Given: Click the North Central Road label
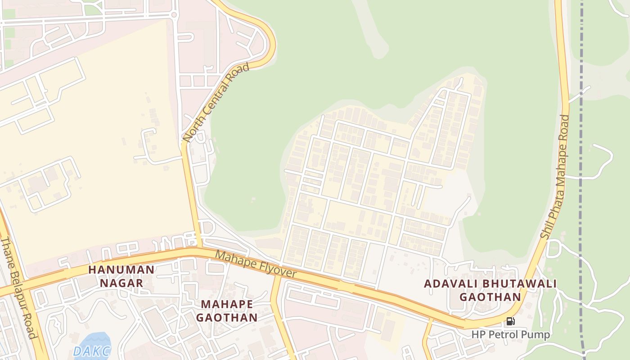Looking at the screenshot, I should (216, 103).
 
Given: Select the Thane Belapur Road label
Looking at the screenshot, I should (18, 288).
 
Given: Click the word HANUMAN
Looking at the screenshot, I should (121, 270).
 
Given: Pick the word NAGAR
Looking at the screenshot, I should (121, 283).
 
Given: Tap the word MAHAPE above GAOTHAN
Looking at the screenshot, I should (227, 304).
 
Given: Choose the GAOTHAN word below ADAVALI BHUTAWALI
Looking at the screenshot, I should (490, 297).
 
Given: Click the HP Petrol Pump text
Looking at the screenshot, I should (511, 335).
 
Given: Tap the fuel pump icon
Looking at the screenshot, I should (510, 321).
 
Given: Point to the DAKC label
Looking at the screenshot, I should (91, 351).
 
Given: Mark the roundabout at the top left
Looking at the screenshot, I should (174, 15).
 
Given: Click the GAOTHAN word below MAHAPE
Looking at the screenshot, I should (227, 318).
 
